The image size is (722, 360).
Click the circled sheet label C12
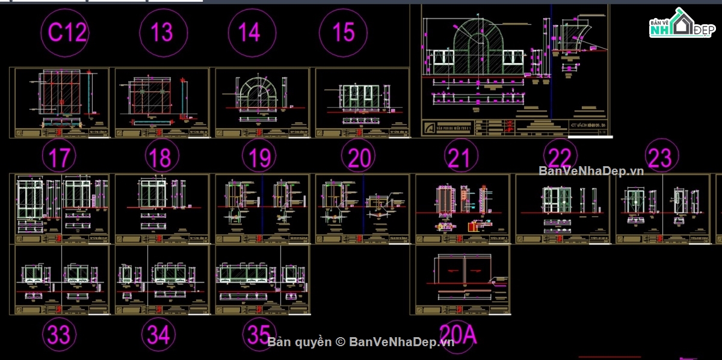pos(68,32)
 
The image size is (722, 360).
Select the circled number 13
pos(161,32)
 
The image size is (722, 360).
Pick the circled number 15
pos(343,32)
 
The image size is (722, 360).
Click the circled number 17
pos(59,158)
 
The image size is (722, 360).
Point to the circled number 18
pos(160,158)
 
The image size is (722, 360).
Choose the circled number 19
pos(259,158)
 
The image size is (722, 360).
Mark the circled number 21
pos(458,158)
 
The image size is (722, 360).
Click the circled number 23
pos(660,158)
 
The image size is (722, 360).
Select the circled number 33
pos(59,334)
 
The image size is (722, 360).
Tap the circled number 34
pos(158,334)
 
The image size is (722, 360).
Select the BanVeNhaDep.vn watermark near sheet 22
pos(591,171)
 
